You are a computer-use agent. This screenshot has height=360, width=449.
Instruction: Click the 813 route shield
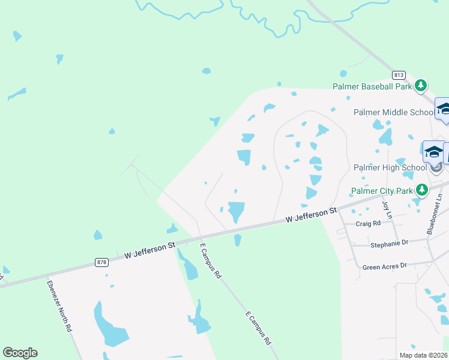pos(399,75)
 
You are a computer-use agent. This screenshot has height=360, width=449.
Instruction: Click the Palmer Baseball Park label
pos(372,86)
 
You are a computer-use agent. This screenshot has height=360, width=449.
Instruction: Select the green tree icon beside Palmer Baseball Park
pos(421,85)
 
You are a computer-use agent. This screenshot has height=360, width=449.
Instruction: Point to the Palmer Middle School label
pos(393,112)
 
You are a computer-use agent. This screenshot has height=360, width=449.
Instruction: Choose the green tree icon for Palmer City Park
pos(423,190)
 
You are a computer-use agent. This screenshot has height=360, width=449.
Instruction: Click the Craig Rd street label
pos(368,223)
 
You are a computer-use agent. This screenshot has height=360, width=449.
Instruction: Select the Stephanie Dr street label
pos(389,243)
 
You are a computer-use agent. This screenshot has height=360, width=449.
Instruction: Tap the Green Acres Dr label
pos(385,266)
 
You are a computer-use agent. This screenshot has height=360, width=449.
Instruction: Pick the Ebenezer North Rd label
pos(60,306)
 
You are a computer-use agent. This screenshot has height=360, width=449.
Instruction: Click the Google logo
pos(20,353)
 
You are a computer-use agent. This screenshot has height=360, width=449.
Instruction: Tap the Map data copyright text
pos(424,355)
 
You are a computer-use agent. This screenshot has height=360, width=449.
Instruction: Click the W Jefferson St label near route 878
pos(149,250)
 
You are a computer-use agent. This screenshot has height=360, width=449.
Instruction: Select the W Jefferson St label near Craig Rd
pos(310,215)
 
